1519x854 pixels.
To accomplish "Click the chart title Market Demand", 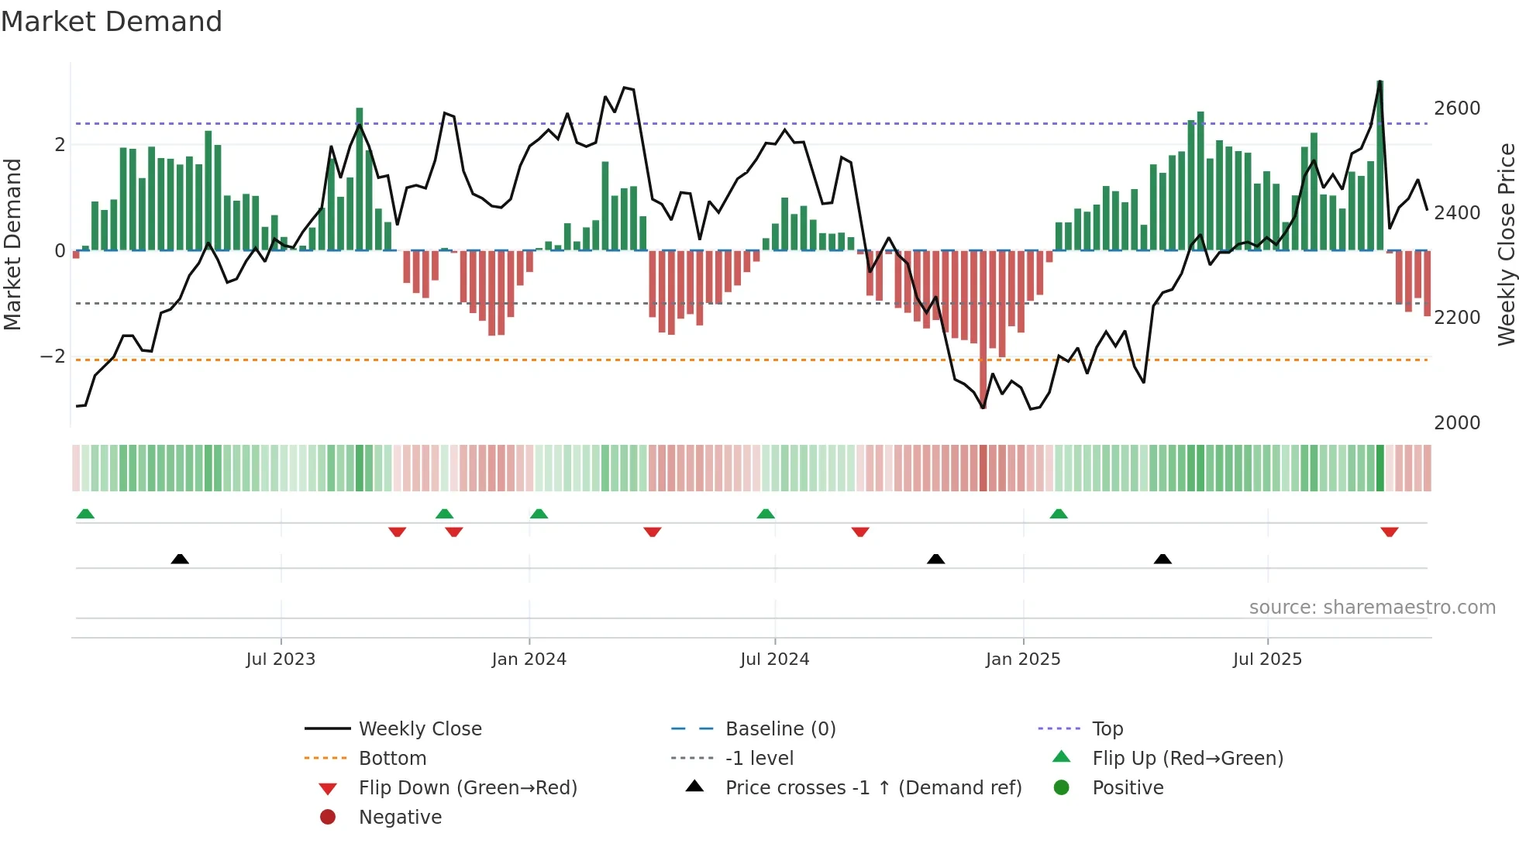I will point(112,22).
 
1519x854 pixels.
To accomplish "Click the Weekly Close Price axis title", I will point(1506,244).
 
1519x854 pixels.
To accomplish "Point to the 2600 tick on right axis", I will point(1456,108).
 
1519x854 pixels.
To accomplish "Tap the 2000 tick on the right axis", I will point(1456,423).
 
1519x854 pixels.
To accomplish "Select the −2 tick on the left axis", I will point(53,356).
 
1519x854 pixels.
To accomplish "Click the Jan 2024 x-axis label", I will point(529,659).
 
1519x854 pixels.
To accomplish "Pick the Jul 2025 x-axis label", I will point(1267,659).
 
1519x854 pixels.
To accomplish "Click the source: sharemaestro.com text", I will point(1372,608).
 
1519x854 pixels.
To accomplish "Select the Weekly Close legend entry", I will point(419,729).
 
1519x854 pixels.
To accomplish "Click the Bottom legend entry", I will point(392,759).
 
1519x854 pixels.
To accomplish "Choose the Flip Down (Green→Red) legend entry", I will point(467,788).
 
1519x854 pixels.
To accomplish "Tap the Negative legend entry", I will point(400,818).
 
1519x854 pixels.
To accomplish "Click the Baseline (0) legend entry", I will point(780,729).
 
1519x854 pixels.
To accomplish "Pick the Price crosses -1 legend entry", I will point(873,788).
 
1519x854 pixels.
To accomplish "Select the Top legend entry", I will point(1107,729).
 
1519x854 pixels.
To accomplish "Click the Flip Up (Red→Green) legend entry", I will point(1187,759).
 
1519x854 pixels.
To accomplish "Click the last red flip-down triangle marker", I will point(1389,532).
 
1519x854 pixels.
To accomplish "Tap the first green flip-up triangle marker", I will point(85,514).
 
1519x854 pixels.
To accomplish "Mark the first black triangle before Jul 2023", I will point(180,559).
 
